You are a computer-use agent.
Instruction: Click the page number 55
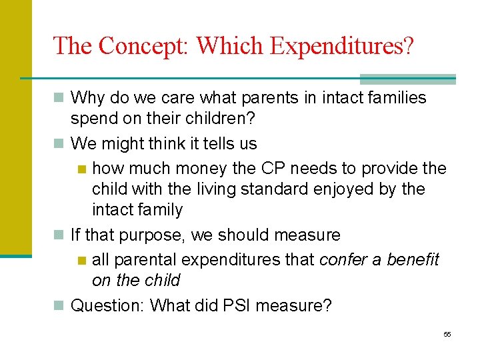(447, 334)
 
